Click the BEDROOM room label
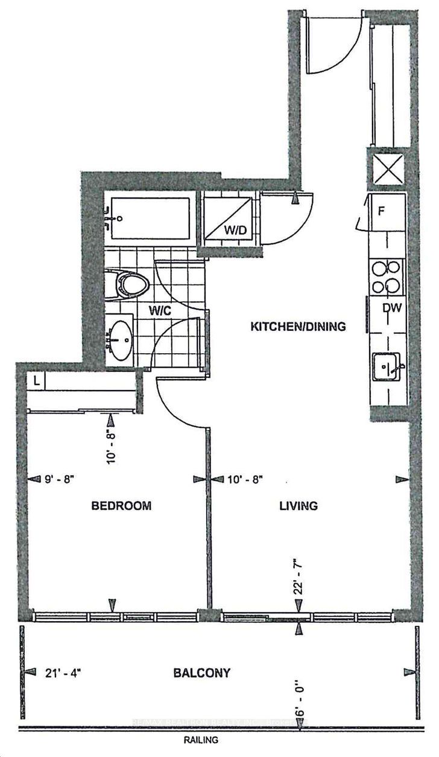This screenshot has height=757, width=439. click(121, 506)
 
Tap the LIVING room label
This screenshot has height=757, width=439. click(298, 506)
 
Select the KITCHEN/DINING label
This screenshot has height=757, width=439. click(298, 327)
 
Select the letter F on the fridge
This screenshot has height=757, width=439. click(381, 212)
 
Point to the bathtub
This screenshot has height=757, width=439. click(151, 217)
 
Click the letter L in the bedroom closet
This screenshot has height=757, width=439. click(37, 382)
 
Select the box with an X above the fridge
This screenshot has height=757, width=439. click(387, 170)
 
